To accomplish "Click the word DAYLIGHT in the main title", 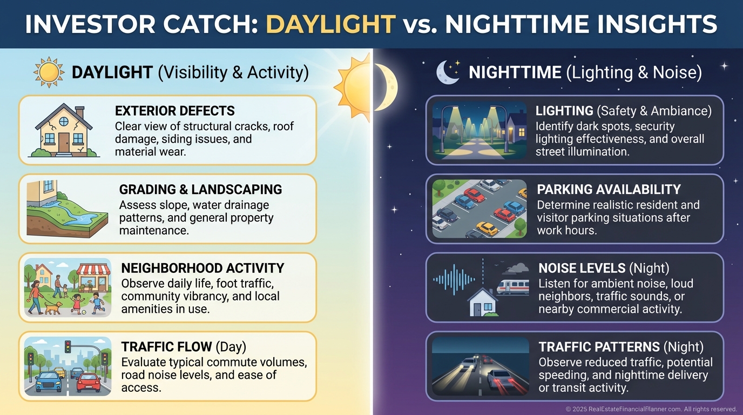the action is (330, 24).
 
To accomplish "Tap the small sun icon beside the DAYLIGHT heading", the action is (49, 72).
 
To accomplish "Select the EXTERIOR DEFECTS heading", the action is (175, 111).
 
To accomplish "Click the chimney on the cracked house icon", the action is (79, 112).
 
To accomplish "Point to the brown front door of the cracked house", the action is (64, 142).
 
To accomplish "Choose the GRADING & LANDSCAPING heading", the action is (200, 190).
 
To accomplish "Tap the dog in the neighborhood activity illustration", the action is (53, 308).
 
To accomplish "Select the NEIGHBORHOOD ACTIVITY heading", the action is (202, 268).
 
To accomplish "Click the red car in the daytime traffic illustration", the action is (89, 383).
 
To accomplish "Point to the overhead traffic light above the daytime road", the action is (68, 346).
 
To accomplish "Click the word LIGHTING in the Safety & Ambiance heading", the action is (564, 111).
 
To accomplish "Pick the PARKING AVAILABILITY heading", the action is (609, 190).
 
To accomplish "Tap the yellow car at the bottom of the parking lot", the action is (487, 228).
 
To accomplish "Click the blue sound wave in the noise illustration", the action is (454, 279).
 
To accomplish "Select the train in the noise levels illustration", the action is (513, 287).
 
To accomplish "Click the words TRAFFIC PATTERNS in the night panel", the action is (599, 347).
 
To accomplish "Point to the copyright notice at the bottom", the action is (651, 409).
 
